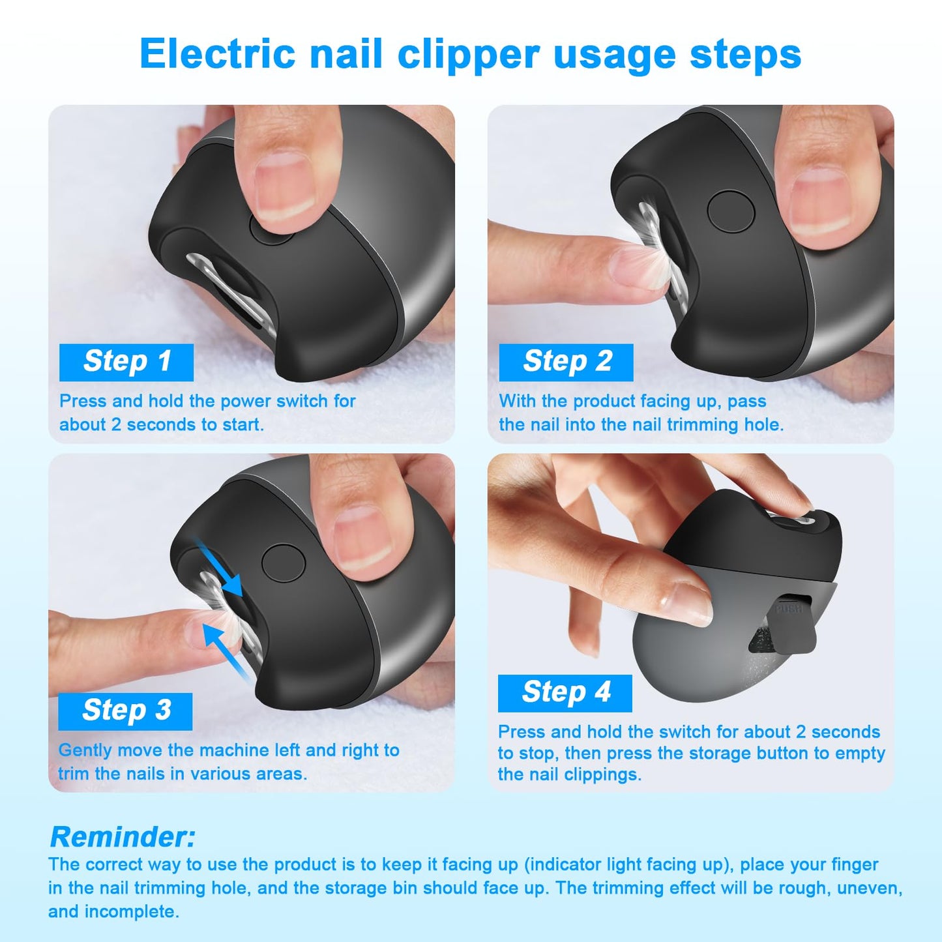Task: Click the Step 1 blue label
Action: tap(126, 362)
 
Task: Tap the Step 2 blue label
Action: tap(566, 362)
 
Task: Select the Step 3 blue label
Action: tap(125, 711)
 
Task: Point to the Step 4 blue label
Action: tap(565, 693)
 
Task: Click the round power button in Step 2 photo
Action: tap(731, 211)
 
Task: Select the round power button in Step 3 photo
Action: tap(284, 564)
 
